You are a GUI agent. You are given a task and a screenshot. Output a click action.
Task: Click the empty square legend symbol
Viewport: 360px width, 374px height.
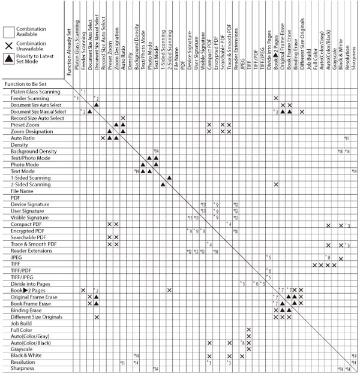pos(8,32)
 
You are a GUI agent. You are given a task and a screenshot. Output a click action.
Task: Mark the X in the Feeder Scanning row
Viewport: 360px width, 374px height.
pos(275,98)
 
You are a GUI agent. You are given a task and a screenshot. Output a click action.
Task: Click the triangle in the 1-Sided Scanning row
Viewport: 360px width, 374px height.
pos(169,177)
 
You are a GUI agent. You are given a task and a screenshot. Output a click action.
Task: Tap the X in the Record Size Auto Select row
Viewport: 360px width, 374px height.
pos(122,118)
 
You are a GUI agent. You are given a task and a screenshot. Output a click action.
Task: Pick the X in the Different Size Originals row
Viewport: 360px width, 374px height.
pos(96,316)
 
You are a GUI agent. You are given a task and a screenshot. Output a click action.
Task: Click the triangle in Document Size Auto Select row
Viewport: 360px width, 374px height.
pos(96,104)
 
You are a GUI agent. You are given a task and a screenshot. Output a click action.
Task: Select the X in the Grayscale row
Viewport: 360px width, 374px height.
pos(248,349)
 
